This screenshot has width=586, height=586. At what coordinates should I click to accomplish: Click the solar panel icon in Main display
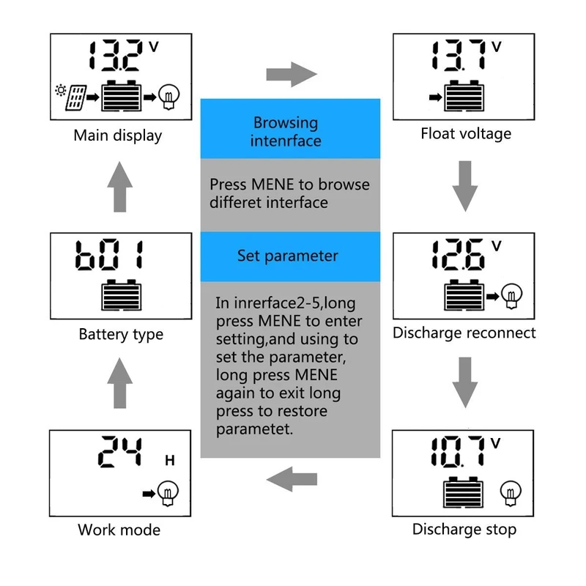coord(76,98)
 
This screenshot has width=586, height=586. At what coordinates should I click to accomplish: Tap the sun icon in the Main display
coord(61,90)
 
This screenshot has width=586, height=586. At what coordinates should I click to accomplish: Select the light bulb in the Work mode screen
coord(168,493)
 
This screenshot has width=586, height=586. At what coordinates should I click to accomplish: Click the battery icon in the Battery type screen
coord(122,295)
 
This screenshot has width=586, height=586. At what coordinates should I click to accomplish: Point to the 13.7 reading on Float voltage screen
coord(459,55)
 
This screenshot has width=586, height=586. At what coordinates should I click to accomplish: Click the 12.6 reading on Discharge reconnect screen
coord(459,254)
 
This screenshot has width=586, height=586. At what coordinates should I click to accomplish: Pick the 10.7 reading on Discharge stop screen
coord(457,451)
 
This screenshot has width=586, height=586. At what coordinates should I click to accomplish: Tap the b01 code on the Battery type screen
coord(108,254)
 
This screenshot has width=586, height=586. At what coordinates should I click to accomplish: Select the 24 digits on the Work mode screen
coord(120,451)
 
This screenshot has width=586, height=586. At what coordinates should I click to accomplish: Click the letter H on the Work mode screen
coord(170,460)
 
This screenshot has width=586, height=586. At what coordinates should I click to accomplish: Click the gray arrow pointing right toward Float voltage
coord(292,75)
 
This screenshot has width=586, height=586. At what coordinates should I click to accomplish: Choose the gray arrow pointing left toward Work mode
coord(292,479)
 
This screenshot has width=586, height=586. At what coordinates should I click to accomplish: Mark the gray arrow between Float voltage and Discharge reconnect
coord(465,186)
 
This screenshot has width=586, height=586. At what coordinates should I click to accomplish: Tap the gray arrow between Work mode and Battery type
coord(119,382)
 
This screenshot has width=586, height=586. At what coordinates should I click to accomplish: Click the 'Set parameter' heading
coord(287,256)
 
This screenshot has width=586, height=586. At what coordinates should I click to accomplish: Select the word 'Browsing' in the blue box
coord(286,123)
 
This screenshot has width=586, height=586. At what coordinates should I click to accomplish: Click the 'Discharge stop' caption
coord(464,530)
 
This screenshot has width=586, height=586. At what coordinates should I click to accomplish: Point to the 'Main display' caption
coord(118,136)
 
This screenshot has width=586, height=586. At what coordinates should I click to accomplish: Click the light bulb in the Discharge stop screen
coord(511,493)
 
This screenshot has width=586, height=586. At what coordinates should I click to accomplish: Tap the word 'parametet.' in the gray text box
coord(254,429)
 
